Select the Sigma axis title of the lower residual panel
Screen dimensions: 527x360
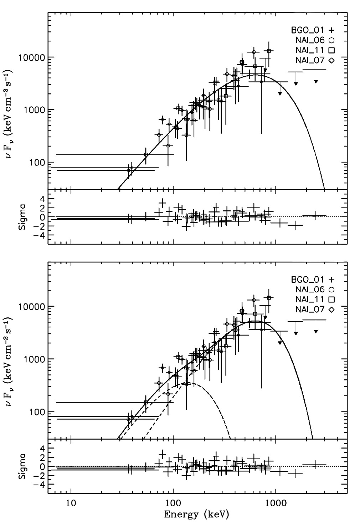(22, 466)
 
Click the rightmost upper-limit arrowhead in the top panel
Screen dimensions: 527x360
(316, 82)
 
